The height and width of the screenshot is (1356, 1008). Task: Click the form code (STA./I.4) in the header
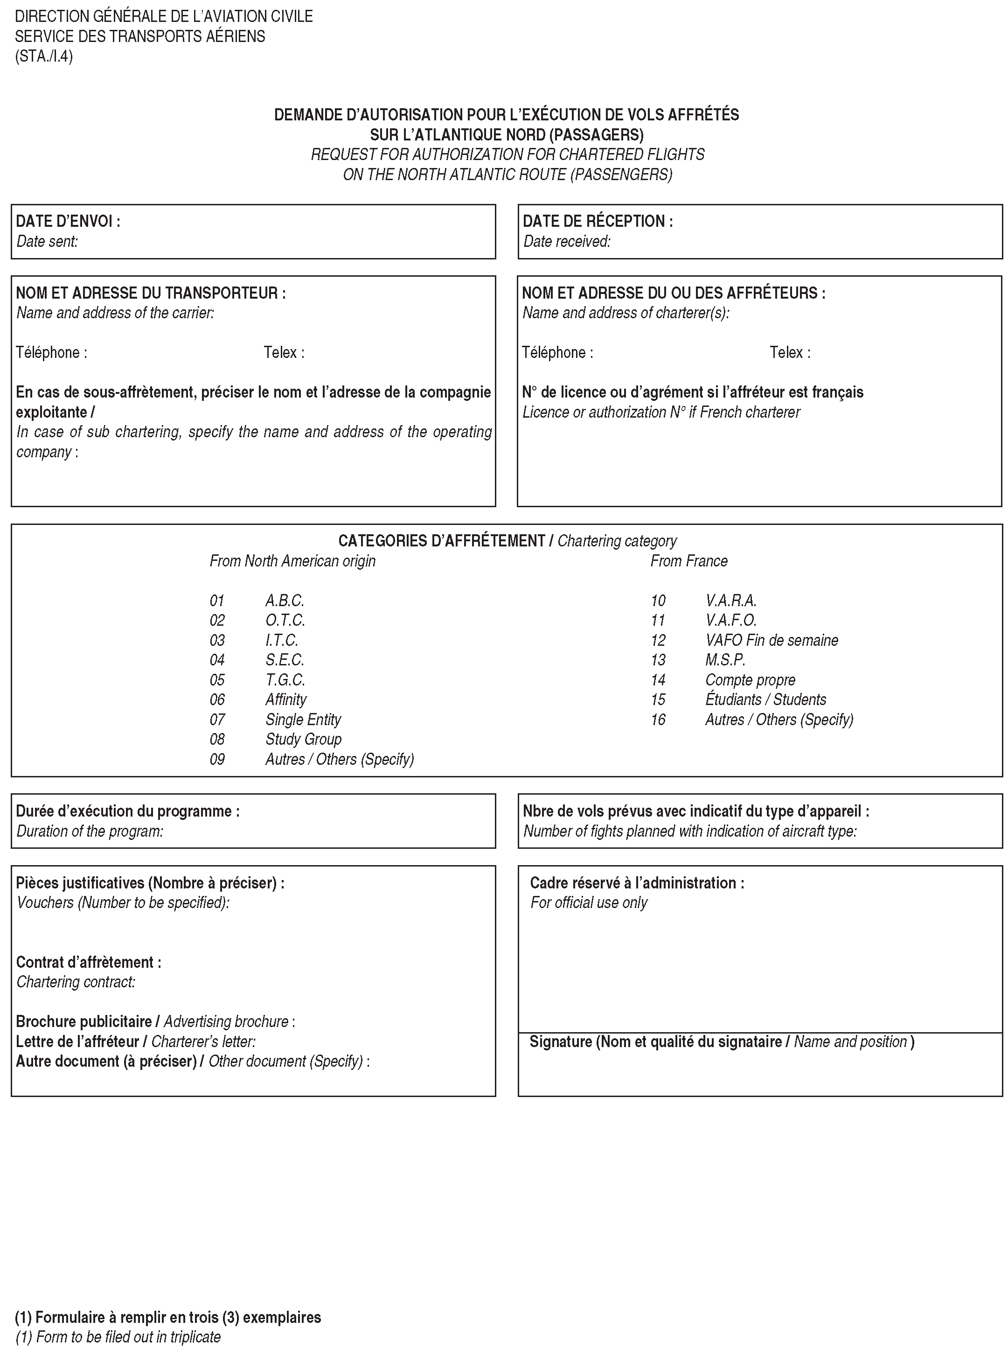tap(44, 57)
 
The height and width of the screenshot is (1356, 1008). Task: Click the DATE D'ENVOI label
tap(68, 222)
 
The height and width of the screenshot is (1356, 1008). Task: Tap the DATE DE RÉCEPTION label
tap(598, 222)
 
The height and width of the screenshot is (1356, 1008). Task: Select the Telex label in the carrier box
tap(284, 353)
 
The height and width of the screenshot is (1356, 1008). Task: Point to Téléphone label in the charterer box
tap(557, 353)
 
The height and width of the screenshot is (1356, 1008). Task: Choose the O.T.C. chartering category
tap(285, 621)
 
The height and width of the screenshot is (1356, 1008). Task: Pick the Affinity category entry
tap(285, 700)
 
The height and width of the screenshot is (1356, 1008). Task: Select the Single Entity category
tap(303, 720)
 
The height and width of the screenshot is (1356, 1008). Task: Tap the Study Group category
tap(303, 740)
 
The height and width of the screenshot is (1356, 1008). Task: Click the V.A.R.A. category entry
tap(730, 601)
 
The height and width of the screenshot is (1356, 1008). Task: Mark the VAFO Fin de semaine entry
tap(771, 641)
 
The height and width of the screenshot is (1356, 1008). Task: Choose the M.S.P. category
tap(725, 660)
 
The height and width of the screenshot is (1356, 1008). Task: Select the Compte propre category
tap(750, 680)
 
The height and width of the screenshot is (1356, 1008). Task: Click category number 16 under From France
tap(658, 720)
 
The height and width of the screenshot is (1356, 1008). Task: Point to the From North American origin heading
tap(292, 561)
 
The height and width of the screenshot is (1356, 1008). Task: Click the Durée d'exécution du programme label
tap(127, 811)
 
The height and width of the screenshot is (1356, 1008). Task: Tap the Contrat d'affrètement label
tap(89, 962)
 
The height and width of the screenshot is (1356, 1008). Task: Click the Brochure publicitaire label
tap(83, 1021)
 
